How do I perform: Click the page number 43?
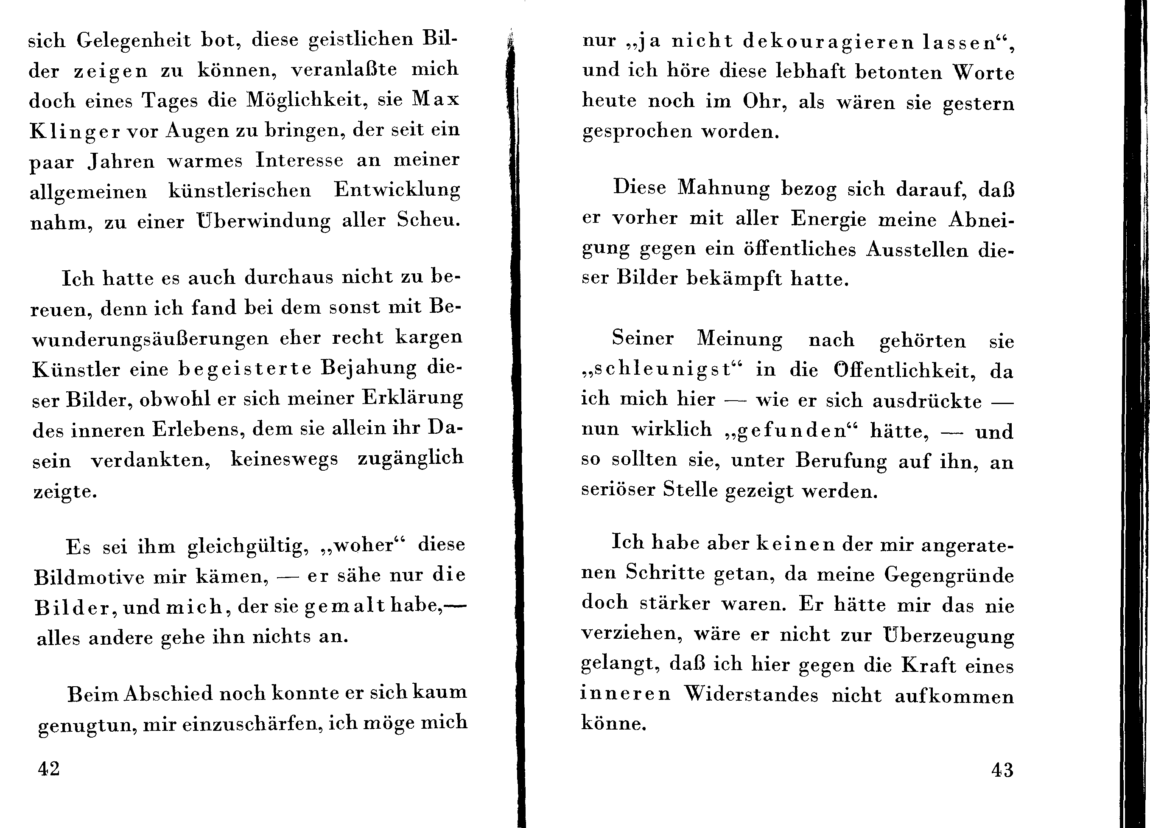click(1002, 770)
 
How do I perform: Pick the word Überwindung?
click(263, 221)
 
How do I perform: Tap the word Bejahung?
click(369, 368)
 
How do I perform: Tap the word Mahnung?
click(724, 188)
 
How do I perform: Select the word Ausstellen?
click(917, 250)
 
